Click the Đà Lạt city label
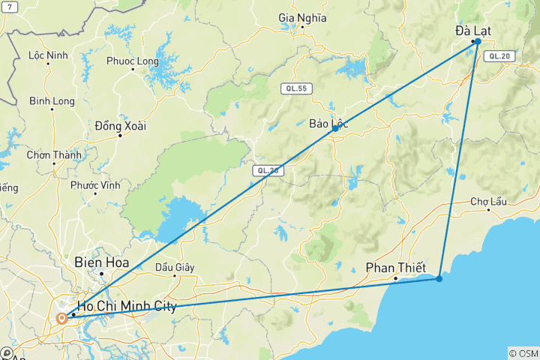coord(474,31)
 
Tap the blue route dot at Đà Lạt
coord(477,41)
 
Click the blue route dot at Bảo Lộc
coord(334,129)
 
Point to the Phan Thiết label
coord(395,268)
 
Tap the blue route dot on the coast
coord(439,279)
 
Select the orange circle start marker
coord(61,318)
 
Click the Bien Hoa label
coord(102,263)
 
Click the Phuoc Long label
coord(132,61)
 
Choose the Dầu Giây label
coord(174,266)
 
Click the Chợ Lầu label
coord(489,201)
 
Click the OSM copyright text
coord(523,353)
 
